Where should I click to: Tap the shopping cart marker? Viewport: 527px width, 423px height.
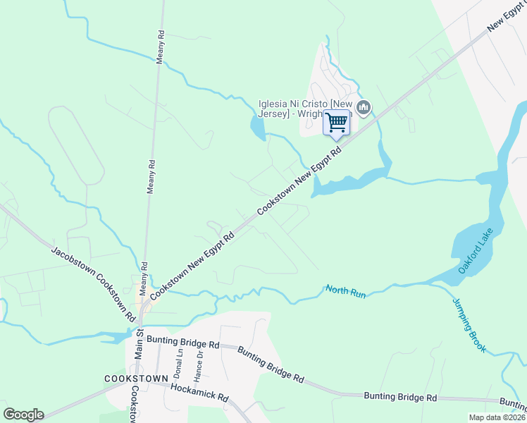(337, 123)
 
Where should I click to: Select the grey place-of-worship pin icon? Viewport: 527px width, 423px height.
(364, 108)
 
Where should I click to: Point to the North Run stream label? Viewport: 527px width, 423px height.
(345, 290)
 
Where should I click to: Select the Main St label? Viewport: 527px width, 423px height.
(139, 342)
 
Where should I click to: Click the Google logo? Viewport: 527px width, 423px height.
(23, 415)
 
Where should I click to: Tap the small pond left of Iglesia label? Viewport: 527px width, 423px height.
(256, 128)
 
